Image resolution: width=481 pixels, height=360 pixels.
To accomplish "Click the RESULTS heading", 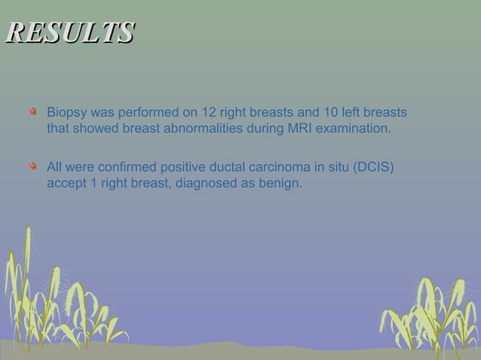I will (69, 33).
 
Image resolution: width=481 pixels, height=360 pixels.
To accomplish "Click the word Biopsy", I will (67, 113).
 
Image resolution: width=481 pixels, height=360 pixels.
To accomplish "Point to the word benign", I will (279, 182).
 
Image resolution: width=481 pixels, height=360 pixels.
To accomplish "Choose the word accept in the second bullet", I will (67, 182).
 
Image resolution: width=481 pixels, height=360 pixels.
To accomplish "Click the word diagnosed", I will (204, 182).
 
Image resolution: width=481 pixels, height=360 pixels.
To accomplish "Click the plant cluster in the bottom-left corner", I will (53, 301).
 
